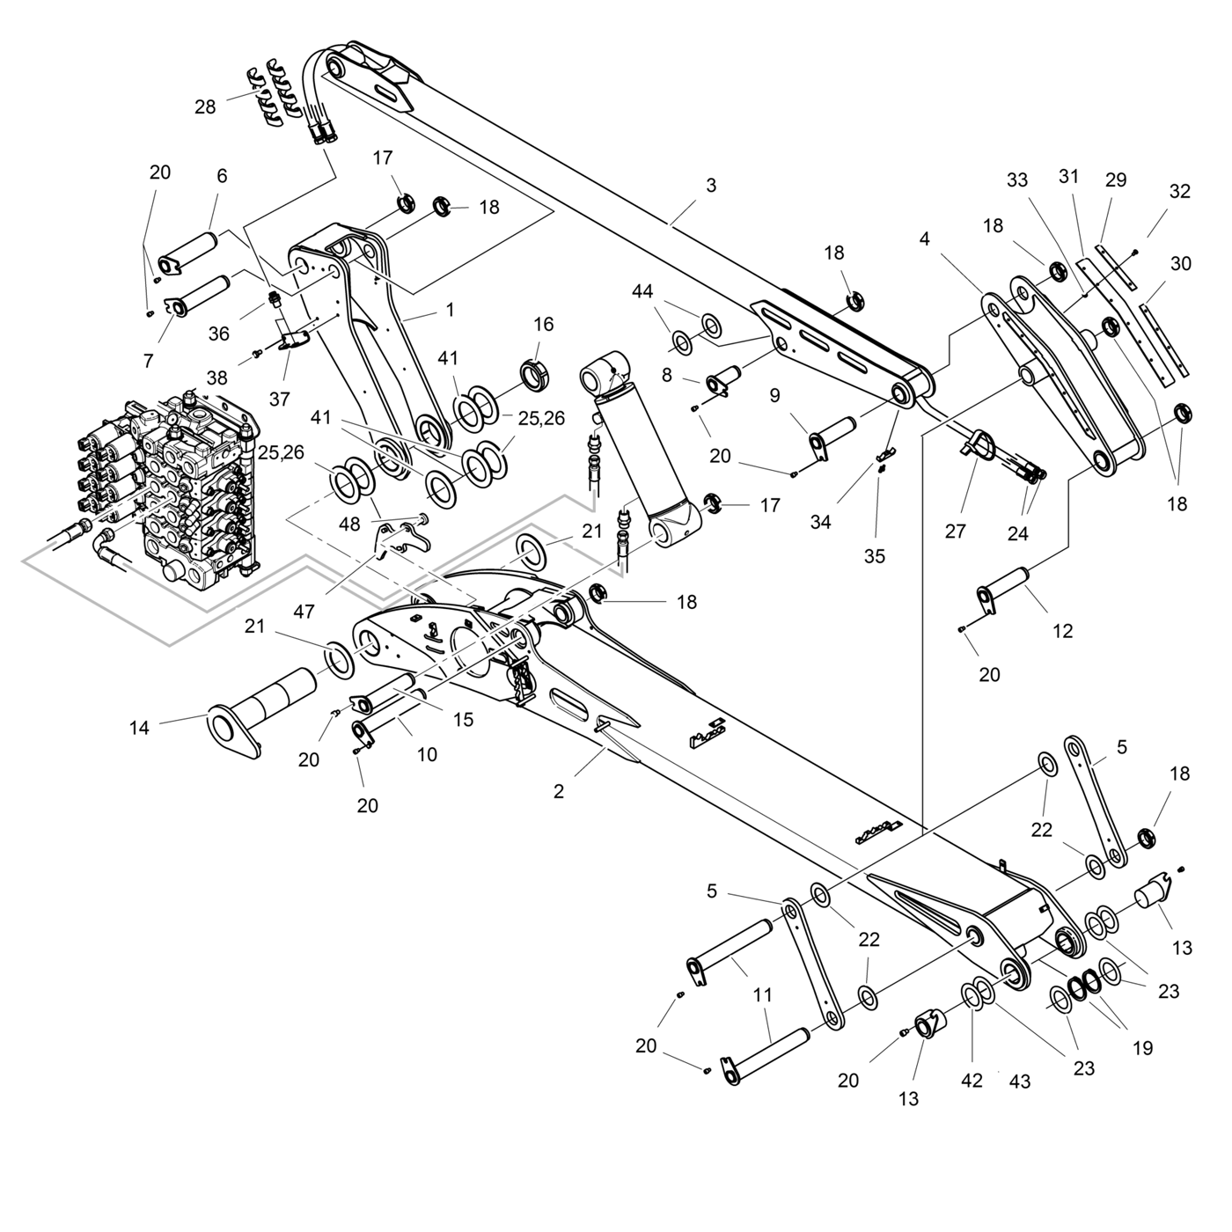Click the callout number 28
(x=205, y=107)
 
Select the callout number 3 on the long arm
(x=711, y=186)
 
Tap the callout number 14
(x=139, y=728)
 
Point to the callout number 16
(x=544, y=324)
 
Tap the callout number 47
(x=304, y=612)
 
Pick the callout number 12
(x=1063, y=631)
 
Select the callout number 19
(x=1142, y=1048)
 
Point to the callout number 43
(x=1020, y=1081)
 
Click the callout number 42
(x=972, y=1081)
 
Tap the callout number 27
(x=956, y=532)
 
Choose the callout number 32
(x=1180, y=192)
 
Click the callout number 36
(x=218, y=334)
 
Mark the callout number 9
(x=774, y=396)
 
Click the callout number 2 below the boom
(x=559, y=791)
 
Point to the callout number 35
(x=875, y=556)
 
